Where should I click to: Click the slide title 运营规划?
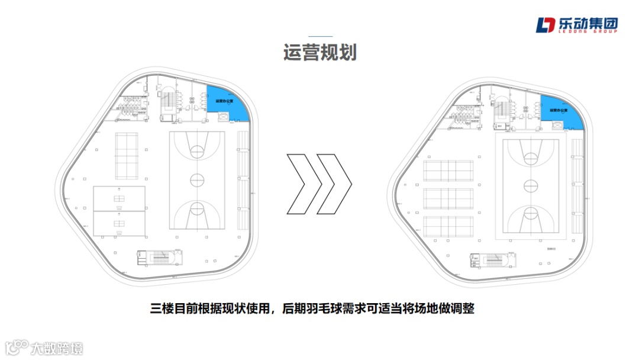(x=319, y=53)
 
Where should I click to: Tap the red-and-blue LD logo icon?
(x=546, y=25)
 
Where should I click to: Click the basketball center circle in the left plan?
(x=197, y=179)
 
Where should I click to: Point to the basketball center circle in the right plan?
(x=531, y=185)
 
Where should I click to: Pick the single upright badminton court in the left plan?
(x=125, y=156)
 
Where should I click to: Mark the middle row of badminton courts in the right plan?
(x=448, y=199)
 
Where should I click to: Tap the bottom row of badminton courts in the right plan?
(x=448, y=226)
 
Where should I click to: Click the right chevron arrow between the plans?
(x=334, y=184)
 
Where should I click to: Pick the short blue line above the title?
(x=320, y=37)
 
